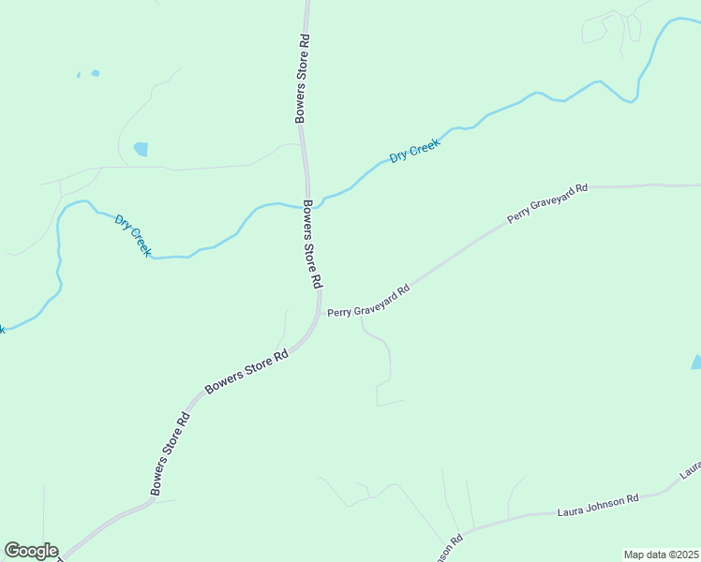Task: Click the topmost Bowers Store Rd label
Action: (x=302, y=80)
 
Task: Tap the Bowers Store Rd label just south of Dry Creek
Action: (x=312, y=244)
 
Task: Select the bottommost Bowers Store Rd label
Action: (x=171, y=455)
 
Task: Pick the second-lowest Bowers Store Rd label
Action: (x=246, y=372)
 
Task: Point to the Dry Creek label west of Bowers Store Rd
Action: (x=133, y=235)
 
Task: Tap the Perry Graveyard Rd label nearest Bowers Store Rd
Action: (x=369, y=301)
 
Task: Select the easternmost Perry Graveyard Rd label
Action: (x=547, y=202)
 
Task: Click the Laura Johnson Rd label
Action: (x=597, y=506)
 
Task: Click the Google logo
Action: (x=31, y=551)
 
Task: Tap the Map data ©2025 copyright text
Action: (x=661, y=555)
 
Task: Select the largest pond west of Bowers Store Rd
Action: (x=142, y=149)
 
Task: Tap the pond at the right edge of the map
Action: (x=696, y=362)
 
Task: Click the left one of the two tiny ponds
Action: (x=80, y=75)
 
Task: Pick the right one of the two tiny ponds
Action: (x=96, y=72)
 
